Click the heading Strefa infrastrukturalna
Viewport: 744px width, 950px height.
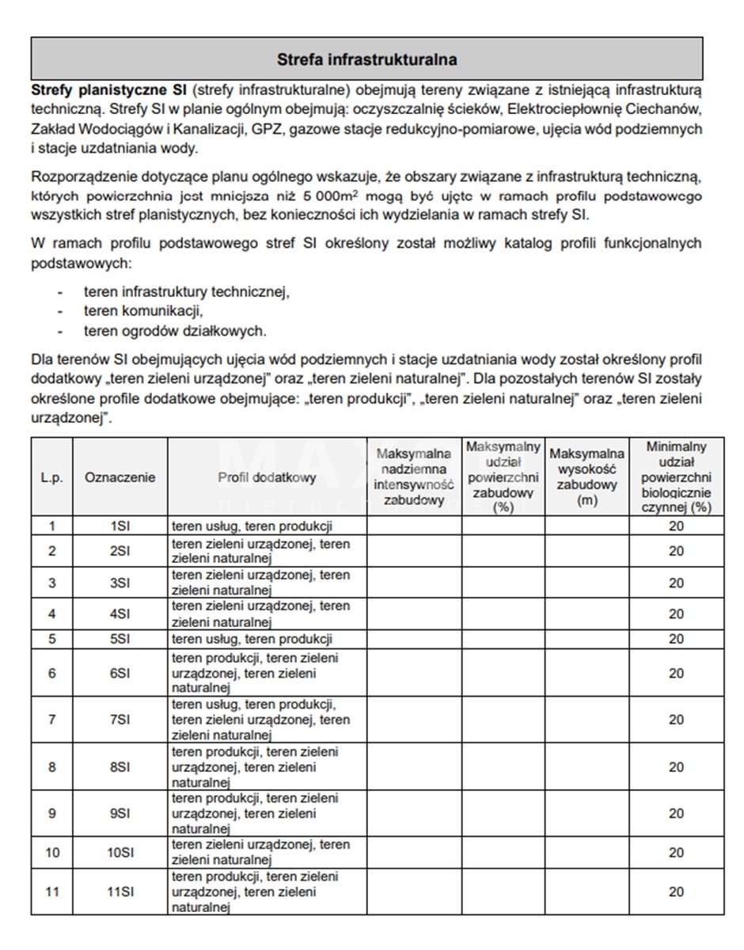point(366,59)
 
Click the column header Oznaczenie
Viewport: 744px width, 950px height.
point(120,477)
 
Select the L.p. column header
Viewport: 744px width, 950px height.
point(52,477)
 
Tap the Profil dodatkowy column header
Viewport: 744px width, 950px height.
point(267,477)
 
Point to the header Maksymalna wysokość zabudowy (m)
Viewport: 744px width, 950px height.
point(586,477)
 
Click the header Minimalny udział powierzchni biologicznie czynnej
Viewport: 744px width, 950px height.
point(676,477)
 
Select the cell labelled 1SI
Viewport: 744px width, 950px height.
point(120,526)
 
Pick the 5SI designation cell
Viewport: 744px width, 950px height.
point(120,639)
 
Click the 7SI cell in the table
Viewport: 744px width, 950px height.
point(120,720)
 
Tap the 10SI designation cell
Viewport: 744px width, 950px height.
point(120,853)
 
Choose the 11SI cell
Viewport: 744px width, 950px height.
point(120,891)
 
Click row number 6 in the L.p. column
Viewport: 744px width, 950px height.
point(52,673)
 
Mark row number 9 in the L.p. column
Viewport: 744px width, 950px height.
point(52,813)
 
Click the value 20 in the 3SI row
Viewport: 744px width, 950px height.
point(676,583)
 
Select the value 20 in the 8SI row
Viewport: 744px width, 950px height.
point(676,767)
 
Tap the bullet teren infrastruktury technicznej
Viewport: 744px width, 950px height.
point(186,292)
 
